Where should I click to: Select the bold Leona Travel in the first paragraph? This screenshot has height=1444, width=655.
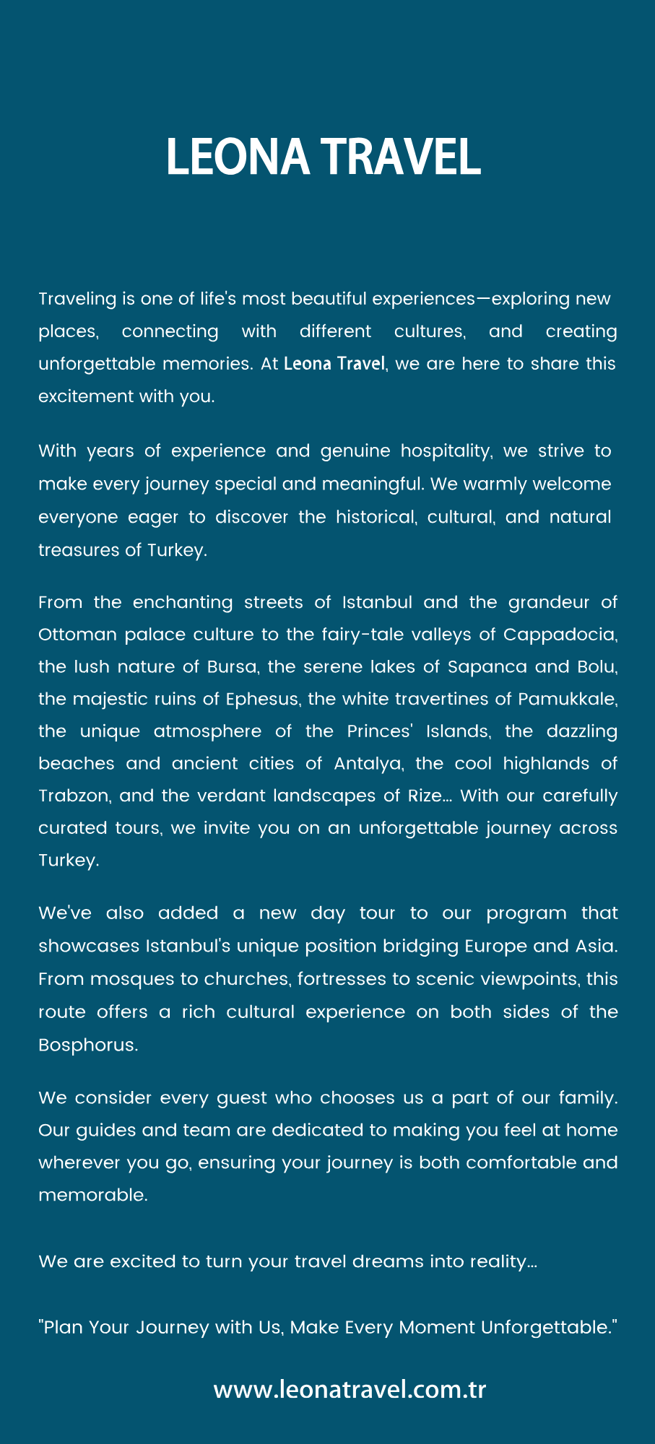coord(334,363)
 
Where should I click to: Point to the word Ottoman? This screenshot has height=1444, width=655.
coord(77,635)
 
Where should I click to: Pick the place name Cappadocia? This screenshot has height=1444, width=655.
coord(560,635)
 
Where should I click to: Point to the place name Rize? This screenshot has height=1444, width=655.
coord(424,796)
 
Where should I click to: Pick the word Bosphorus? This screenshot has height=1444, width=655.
coord(87,1045)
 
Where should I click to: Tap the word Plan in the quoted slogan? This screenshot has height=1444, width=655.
coord(63,1327)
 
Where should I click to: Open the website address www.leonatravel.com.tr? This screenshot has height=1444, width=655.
coord(350,1390)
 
